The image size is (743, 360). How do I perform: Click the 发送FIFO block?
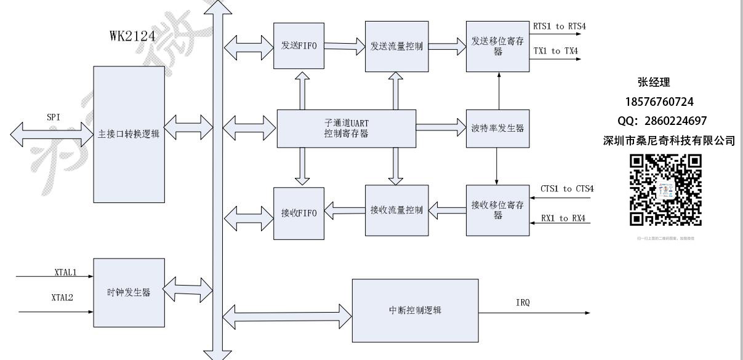click(x=299, y=46)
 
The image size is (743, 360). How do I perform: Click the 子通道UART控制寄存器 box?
click(x=347, y=129)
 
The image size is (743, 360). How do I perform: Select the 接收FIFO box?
click(x=299, y=214)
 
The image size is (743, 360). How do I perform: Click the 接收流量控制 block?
click(x=396, y=210)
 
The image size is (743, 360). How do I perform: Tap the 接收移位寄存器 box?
click(x=497, y=210)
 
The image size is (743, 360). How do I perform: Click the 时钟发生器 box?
click(x=129, y=293)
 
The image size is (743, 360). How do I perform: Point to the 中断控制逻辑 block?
click(x=416, y=310)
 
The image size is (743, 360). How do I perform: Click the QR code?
click(x=665, y=190)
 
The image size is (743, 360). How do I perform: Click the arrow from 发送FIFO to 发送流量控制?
click(x=345, y=45)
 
